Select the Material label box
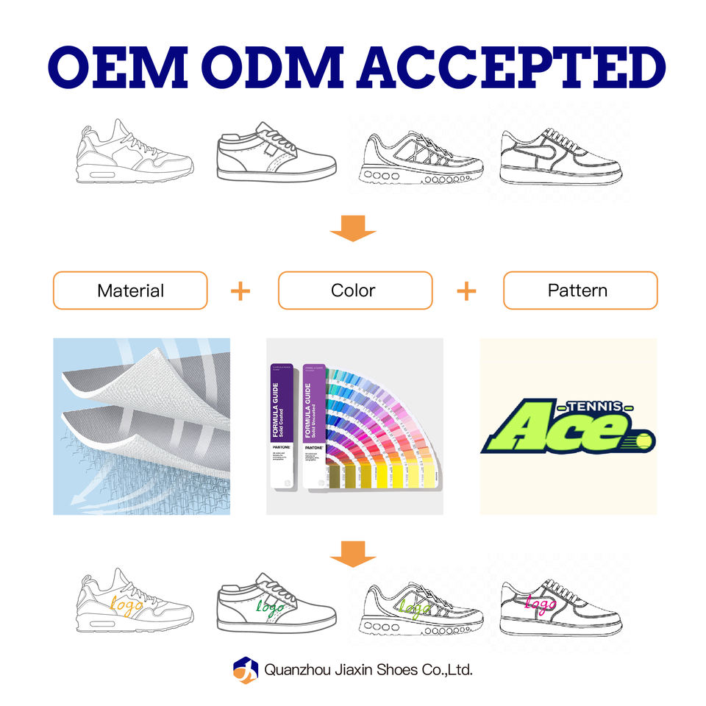130,290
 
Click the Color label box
354,290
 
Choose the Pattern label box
580,290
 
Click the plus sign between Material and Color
240,291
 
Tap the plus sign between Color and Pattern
466,291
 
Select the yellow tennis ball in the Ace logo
645,442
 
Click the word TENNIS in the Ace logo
596,406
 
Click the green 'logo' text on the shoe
270,607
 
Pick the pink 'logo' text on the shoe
541,605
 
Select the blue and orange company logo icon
245,670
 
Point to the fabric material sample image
141,427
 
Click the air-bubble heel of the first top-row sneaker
96,175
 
